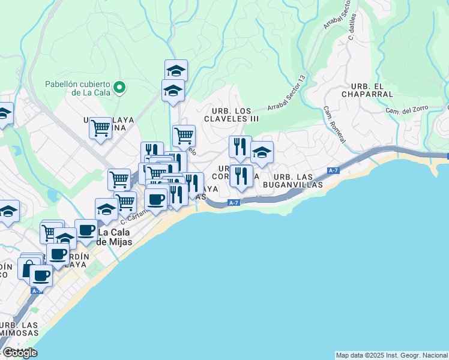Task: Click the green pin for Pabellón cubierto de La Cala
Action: pos(119,88)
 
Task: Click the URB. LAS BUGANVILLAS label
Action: pos(298,181)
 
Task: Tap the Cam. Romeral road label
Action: pos(334,124)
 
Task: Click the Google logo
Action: pos(20,353)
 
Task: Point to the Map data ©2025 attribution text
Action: pos(391,355)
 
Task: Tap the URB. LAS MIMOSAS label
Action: pos(19,329)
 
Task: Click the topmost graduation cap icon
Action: pos(175,70)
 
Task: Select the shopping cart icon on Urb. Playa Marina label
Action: pos(101,128)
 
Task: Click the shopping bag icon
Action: pos(29,268)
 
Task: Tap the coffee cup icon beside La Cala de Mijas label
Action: pos(86,230)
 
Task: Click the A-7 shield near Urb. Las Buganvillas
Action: pos(333,170)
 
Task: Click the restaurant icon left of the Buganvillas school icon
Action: pos(240,146)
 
